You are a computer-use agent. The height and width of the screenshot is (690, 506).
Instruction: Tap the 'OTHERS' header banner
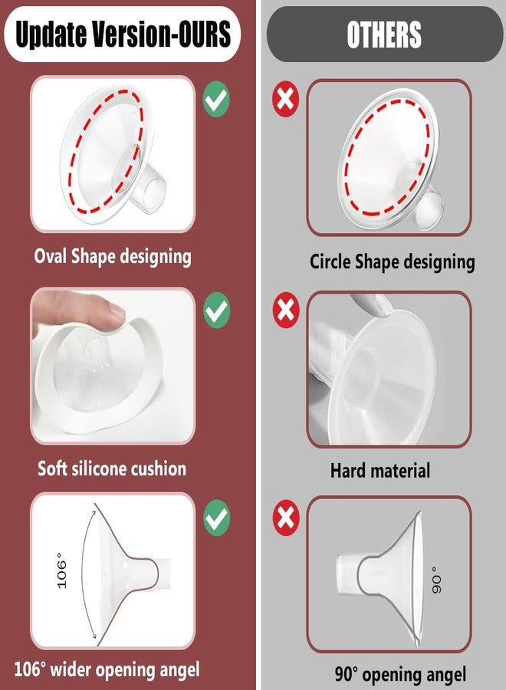pyautogui.click(x=383, y=34)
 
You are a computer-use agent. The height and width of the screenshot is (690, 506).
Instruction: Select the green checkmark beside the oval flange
pyautogui.click(x=216, y=100)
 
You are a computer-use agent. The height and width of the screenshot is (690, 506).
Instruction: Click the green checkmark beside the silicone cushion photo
pyautogui.click(x=216, y=310)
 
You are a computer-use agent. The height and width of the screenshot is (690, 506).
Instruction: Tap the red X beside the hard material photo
pyautogui.click(x=286, y=310)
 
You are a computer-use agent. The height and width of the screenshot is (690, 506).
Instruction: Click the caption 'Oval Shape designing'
pyautogui.click(x=112, y=256)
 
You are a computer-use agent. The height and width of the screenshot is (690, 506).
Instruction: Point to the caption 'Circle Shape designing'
pyautogui.click(x=392, y=261)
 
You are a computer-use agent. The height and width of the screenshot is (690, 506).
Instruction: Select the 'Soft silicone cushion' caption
pyautogui.click(x=112, y=468)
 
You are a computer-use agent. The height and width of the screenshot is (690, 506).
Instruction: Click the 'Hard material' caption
pyautogui.click(x=380, y=470)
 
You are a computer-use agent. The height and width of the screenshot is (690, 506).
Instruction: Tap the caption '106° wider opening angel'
pyautogui.click(x=107, y=669)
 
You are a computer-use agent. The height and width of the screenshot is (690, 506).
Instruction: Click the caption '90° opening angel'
pyautogui.click(x=400, y=675)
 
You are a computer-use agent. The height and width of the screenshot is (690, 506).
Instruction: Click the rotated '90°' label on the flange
pyautogui.click(x=435, y=581)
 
